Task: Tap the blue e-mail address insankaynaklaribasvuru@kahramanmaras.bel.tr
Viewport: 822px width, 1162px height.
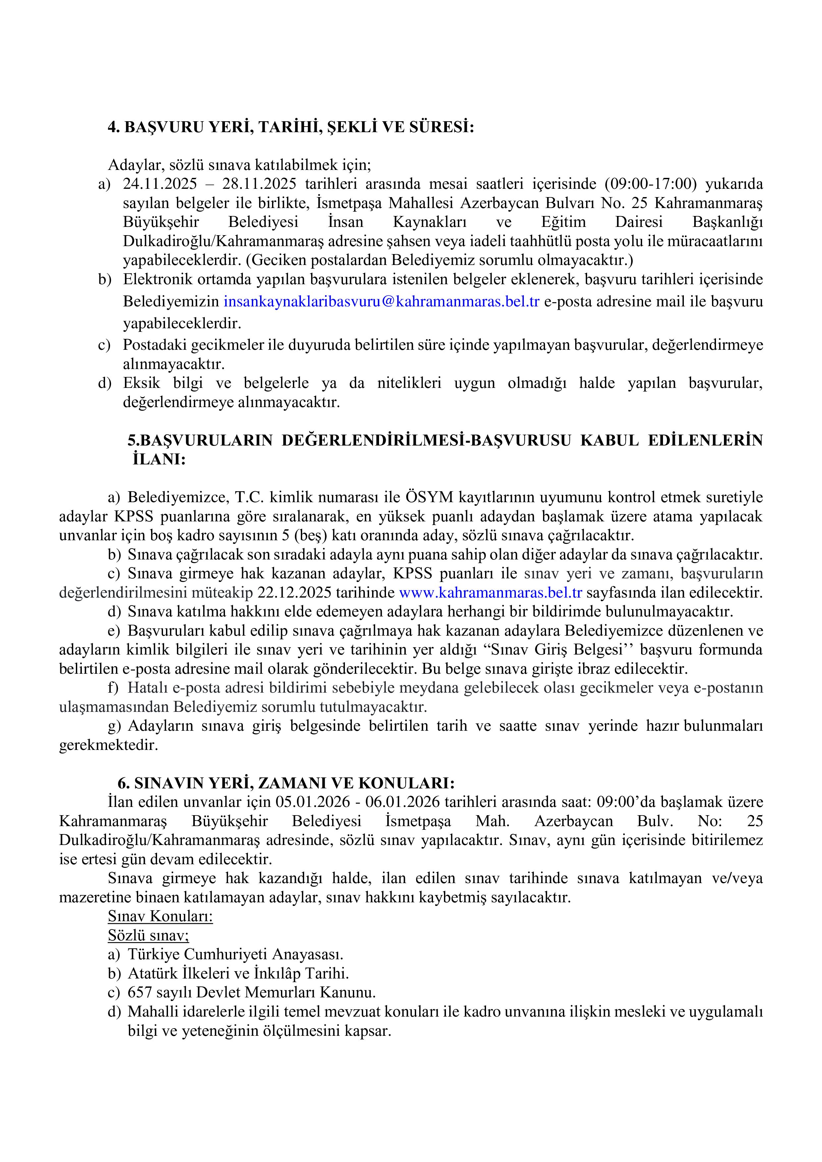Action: tap(381, 302)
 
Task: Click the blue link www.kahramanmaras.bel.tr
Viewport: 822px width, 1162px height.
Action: tap(490, 593)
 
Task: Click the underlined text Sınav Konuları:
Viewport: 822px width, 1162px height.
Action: tap(160, 917)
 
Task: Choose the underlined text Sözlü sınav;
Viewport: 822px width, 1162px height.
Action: tap(148, 936)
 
